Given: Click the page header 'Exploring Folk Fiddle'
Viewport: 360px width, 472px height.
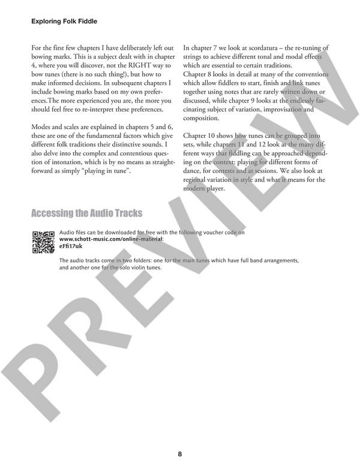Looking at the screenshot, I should click(x=64, y=22).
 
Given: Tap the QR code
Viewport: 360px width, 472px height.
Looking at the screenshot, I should click(x=44, y=242).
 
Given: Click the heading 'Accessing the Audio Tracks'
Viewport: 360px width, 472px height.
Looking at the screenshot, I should click(x=86, y=214).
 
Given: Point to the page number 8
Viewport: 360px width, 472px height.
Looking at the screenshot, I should click(x=179, y=453).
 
